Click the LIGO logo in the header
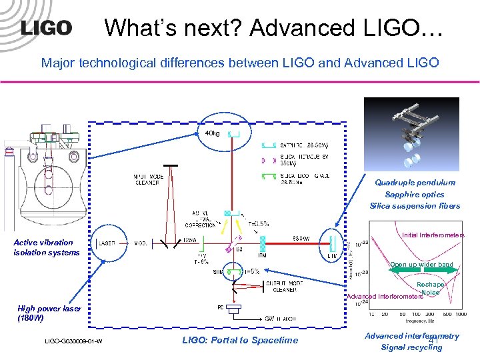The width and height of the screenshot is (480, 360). click(46, 28)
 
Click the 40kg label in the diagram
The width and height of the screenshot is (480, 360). click(213, 133)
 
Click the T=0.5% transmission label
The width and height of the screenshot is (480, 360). click(259, 223)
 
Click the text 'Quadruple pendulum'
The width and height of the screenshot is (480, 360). click(415, 183)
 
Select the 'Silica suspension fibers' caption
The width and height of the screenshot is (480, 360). click(415, 206)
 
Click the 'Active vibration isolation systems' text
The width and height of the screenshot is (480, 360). click(47, 247)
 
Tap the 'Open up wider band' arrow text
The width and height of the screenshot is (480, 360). click(421, 265)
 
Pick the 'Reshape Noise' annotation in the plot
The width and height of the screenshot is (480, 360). click(431, 288)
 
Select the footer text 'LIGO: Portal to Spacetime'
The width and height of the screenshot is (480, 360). click(240, 340)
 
